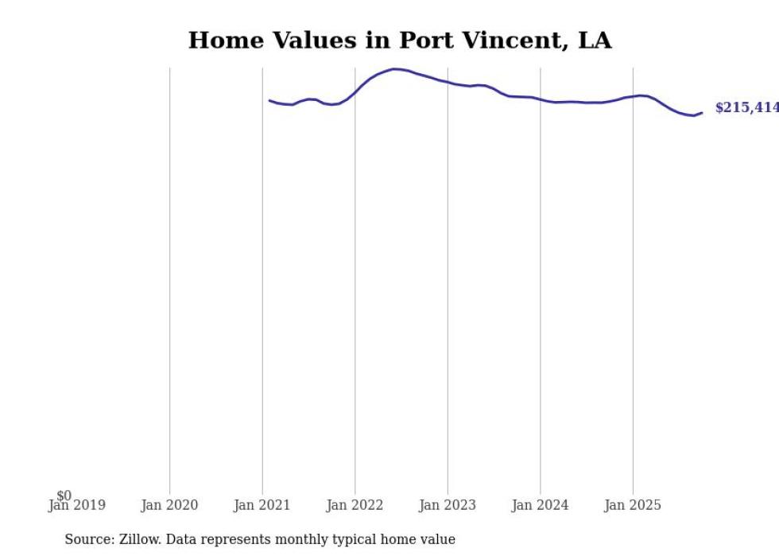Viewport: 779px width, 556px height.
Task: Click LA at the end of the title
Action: coord(595,41)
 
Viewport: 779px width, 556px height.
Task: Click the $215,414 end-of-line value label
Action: coord(746,108)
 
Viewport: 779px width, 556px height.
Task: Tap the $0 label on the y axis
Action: coord(64,496)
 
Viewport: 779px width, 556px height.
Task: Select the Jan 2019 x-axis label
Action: coord(76,505)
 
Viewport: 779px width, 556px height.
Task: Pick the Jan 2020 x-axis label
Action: coord(169,505)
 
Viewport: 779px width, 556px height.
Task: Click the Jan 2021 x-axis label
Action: coord(262,505)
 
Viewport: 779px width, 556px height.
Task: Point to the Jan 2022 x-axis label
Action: coord(355,505)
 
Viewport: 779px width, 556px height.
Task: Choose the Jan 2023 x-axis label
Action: coord(448,505)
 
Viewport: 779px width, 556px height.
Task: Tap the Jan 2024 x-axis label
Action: coord(541,505)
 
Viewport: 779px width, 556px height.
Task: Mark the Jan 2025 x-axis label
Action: coord(633,505)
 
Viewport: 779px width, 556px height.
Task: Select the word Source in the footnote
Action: coord(89,539)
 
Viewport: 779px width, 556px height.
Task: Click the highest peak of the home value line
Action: coord(395,69)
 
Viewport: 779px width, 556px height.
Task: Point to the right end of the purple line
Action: coord(702,112)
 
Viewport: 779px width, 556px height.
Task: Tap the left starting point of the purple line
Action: coord(269,100)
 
